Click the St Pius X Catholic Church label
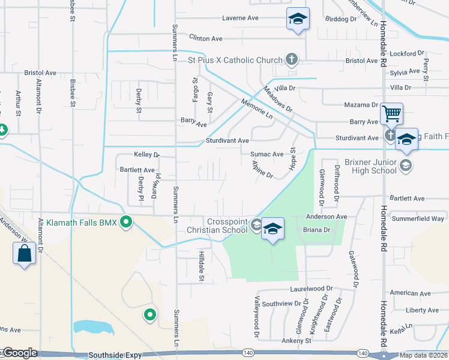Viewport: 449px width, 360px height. coord(235,60)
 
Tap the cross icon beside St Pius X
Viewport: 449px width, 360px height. coord(292,59)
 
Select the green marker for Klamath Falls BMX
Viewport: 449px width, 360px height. coord(126,223)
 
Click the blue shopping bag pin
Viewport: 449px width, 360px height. coord(23,253)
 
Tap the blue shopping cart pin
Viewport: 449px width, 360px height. coord(391,113)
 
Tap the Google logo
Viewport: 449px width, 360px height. coord(19,353)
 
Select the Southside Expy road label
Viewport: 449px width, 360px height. coord(115,355)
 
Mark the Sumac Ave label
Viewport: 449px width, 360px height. coord(267,154)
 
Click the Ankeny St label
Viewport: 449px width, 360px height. coord(297,341)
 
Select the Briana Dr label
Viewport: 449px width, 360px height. coord(318,229)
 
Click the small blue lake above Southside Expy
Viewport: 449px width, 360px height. coord(92,328)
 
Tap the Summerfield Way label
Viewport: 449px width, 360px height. coord(418,218)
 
